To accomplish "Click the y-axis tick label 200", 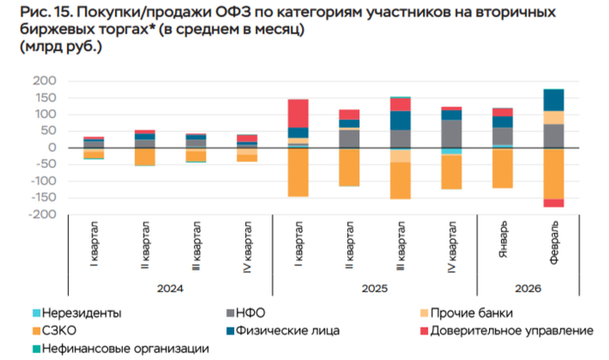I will click(43, 81).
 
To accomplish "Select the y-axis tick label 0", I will click(52, 148).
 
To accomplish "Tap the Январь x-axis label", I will click(504, 240).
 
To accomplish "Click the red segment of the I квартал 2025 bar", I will click(298, 113).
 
